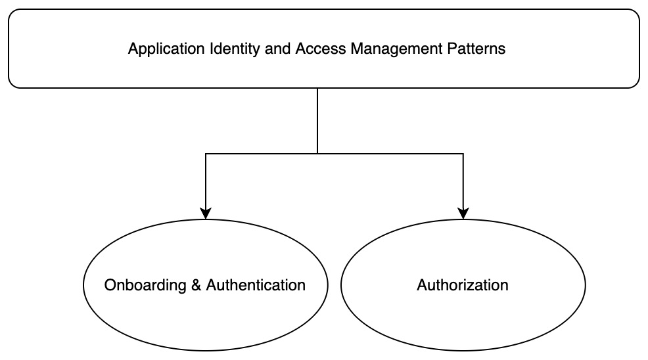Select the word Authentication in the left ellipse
256,285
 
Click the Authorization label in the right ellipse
463,285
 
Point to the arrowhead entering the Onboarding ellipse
206,214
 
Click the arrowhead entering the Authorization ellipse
463,214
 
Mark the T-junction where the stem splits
317,154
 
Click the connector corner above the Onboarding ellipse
206,154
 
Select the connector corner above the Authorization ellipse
463,154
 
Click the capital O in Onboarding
110,285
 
